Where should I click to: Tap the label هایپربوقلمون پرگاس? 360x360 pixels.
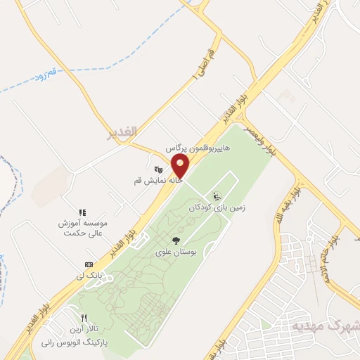click(x=198, y=150)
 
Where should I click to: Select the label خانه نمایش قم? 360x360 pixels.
click(x=158, y=181)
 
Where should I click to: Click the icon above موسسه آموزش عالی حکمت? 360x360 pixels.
click(x=82, y=211)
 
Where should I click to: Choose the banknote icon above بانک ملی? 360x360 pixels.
click(x=89, y=264)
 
